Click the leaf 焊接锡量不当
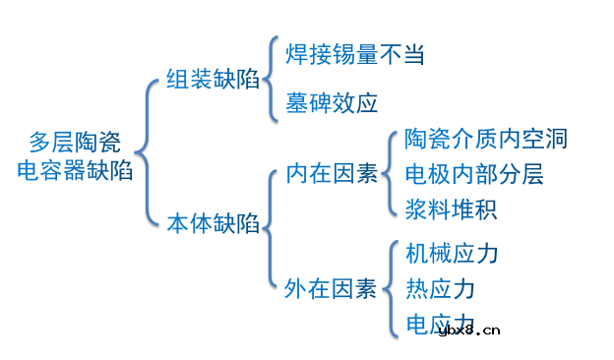click(353, 54)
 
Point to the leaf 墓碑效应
click(332, 102)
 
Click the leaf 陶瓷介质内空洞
click(486, 139)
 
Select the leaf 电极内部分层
click(474, 174)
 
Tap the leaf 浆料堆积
click(451, 210)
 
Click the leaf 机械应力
click(452, 254)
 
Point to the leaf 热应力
click(440, 288)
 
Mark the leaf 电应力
click(440, 323)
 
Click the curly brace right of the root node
click(145, 152)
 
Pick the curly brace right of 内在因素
click(392, 173)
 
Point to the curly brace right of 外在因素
click(392, 288)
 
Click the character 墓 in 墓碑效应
click(296, 102)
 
